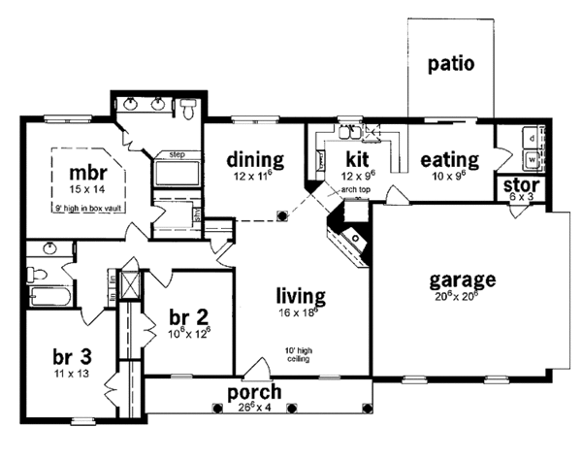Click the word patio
(x=451, y=65)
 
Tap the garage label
(x=462, y=280)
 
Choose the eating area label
(x=449, y=159)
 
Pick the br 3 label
(x=70, y=355)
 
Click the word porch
(x=255, y=392)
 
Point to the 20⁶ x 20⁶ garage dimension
(x=462, y=298)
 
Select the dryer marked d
(x=533, y=139)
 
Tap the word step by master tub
(x=177, y=154)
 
